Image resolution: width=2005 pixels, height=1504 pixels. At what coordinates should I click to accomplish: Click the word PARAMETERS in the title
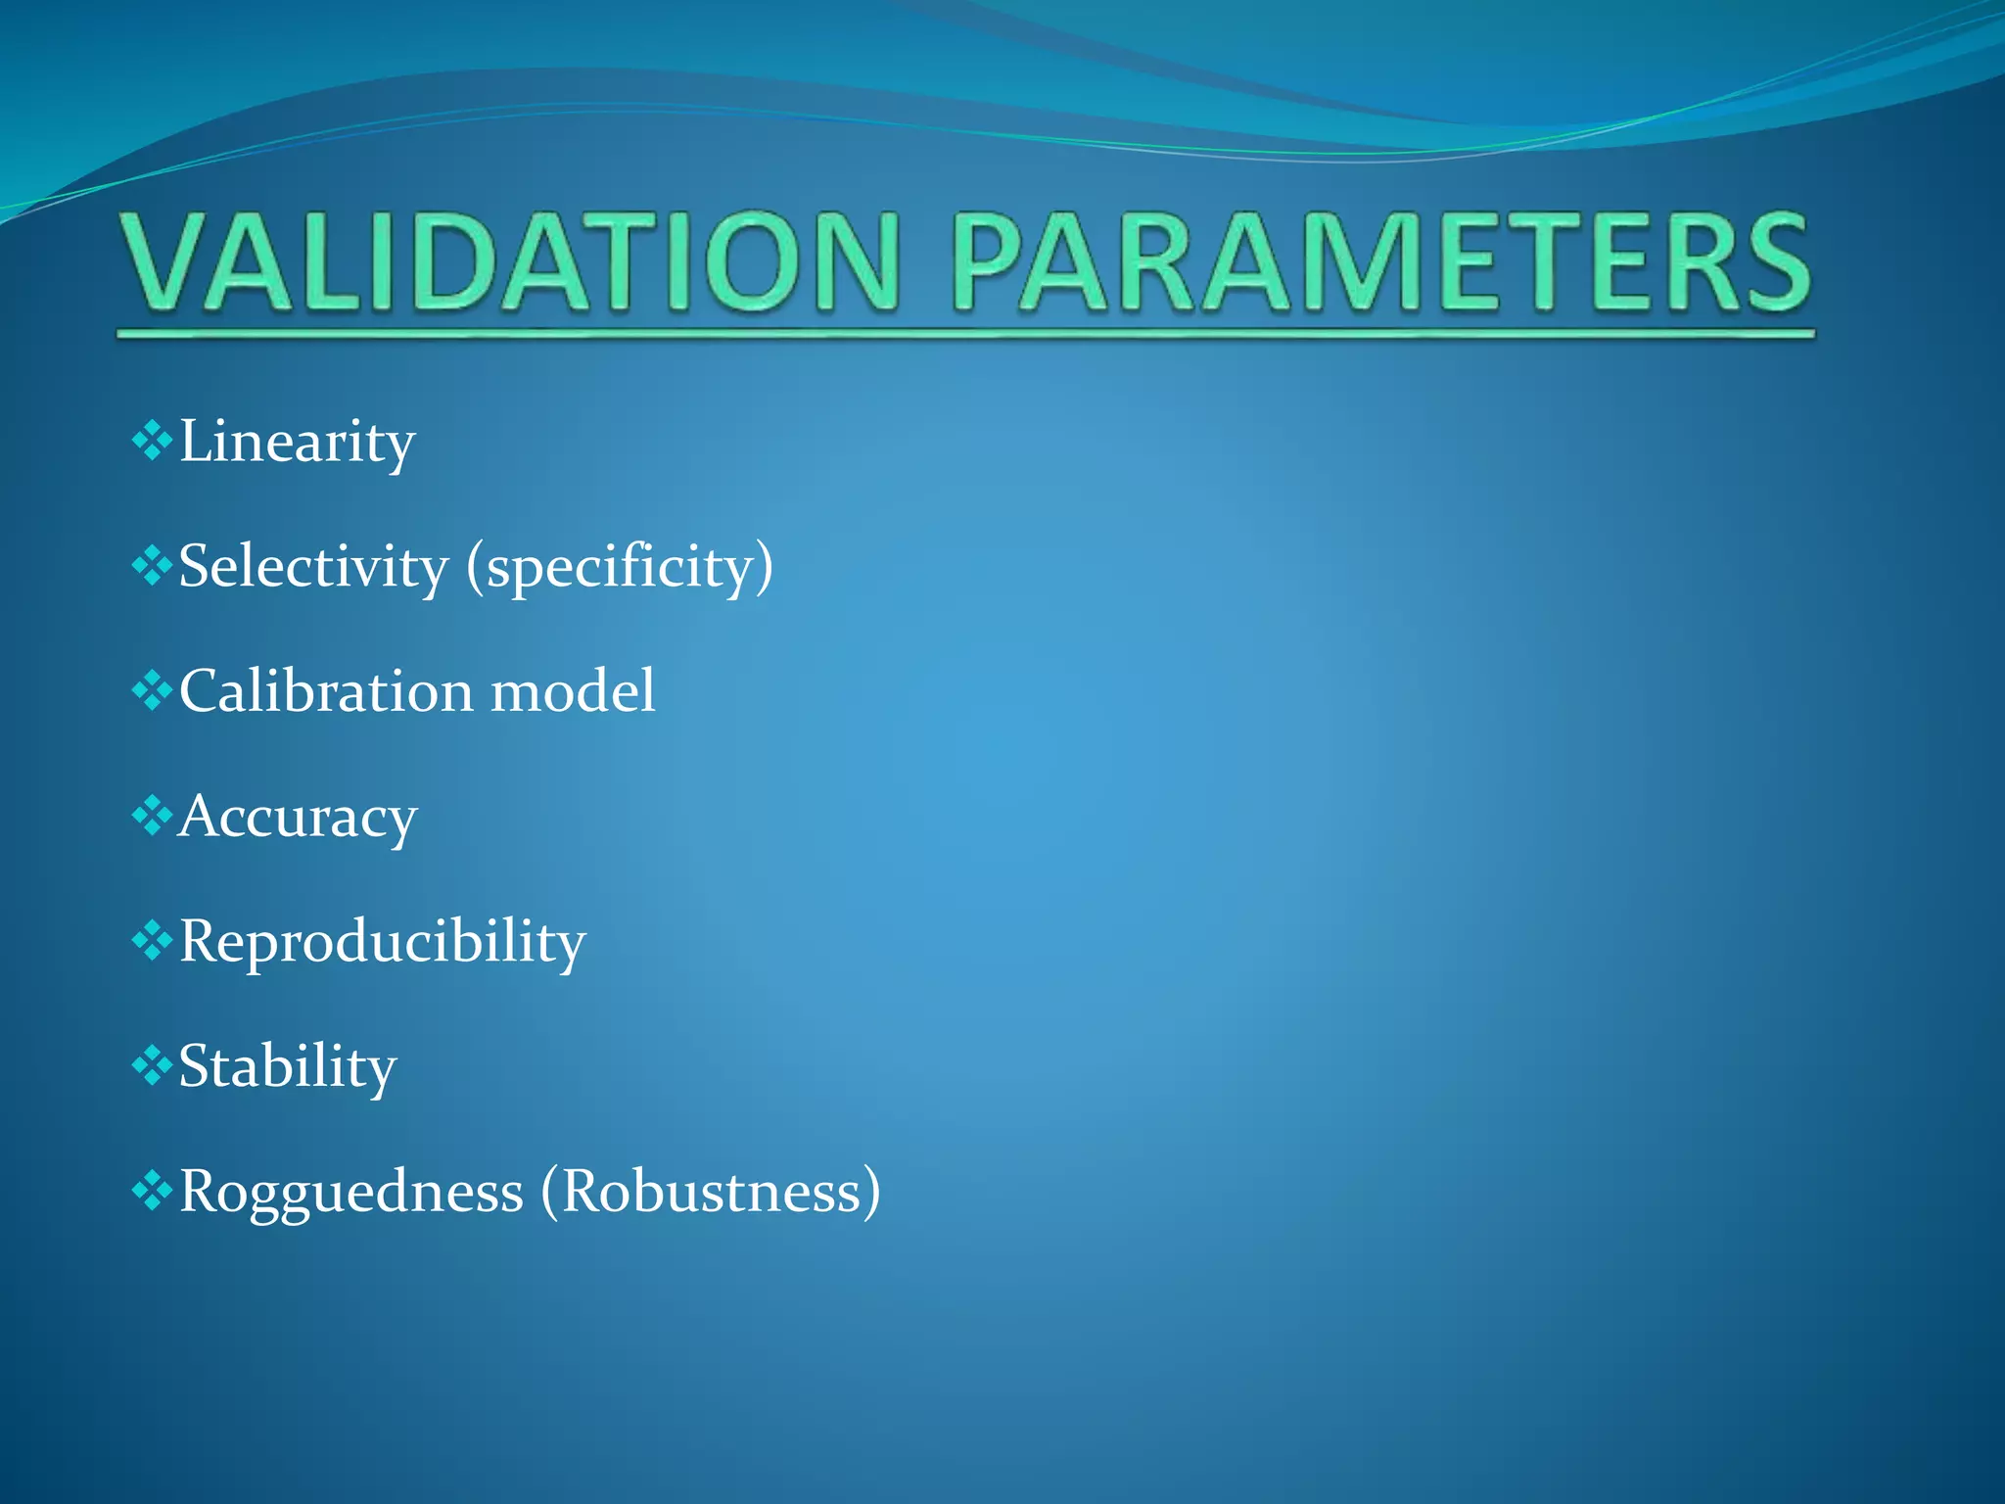(1380, 262)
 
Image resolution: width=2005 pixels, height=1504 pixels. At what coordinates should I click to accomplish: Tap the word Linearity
(297, 443)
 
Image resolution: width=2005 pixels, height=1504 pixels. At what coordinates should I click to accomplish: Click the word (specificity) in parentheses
(620, 568)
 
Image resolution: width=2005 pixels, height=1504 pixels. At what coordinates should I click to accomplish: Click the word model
(573, 691)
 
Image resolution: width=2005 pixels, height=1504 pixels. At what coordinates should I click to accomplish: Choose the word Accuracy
(298, 818)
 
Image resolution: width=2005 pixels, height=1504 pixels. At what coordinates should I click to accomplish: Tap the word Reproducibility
(382, 943)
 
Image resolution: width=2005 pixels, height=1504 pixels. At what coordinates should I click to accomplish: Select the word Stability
(287, 1067)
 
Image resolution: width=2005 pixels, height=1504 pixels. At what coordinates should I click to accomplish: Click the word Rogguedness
(350, 1193)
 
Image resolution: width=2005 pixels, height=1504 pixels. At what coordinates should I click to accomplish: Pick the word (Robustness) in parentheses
(711, 1193)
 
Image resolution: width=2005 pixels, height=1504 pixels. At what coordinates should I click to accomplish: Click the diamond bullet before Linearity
(152, 441)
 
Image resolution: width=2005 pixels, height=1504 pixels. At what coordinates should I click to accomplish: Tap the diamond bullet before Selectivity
(152, 565)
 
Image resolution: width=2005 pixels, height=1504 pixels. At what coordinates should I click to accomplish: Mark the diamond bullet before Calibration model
(152, 690)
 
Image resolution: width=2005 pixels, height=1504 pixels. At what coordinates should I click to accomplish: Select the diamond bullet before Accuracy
(152, 816)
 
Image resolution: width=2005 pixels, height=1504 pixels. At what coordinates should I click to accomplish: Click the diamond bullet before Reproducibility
(152, 941)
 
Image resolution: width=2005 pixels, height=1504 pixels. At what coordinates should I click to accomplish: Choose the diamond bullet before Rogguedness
(152, 1191)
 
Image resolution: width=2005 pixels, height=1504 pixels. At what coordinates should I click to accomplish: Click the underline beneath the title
(964, 335)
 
